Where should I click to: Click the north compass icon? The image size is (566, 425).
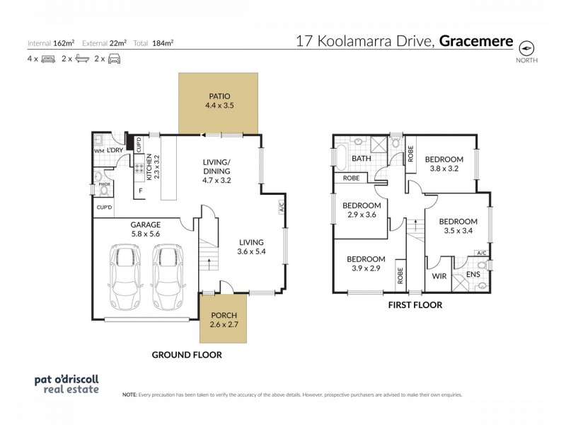[x=527, y=48]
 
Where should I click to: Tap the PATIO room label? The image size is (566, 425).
[x=219, y=100]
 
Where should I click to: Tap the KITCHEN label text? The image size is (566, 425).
[x=149, y=169]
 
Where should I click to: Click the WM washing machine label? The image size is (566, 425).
[x=99, y=152]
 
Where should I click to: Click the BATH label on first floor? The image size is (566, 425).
[x=362, y=159]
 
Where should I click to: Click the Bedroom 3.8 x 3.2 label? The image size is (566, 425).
[x=444, y=164]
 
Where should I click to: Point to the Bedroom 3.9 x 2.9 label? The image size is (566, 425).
[x=366, y=263]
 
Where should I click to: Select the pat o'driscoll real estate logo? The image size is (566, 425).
[x=67, y=383]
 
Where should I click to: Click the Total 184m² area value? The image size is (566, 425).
[x=154, y=43]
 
